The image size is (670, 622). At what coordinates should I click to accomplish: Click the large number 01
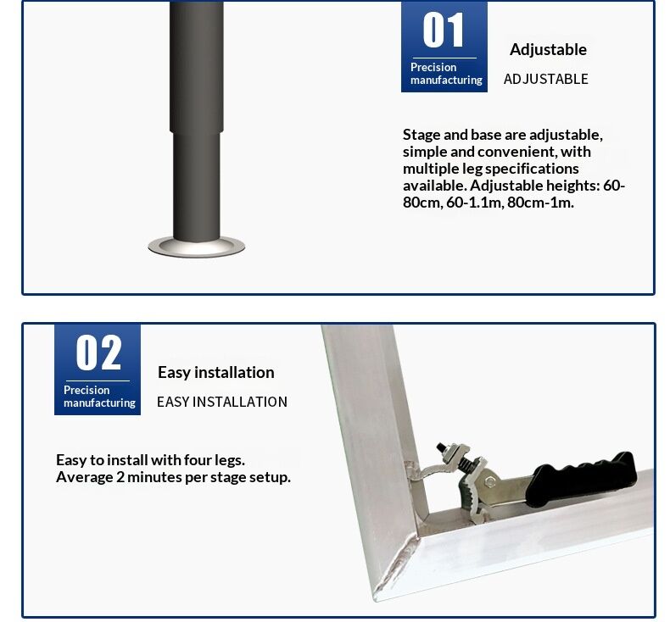click(444, 31)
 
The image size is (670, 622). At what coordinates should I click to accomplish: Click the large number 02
click(98, 353)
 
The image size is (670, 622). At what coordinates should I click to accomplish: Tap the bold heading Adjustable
click(548, 49)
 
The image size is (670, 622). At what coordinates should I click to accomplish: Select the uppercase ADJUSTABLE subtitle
click(545, 79)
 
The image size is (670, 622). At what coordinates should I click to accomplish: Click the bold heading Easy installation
click(215, 372)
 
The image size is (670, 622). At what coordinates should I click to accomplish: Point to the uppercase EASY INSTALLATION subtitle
click(221, 402)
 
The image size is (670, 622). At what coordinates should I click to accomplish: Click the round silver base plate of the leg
click(196, 247)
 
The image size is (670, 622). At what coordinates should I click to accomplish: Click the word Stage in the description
click(422, 135)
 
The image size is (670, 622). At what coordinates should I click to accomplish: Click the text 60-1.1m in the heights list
click(472, 203)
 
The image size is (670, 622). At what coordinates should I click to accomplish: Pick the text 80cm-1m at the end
click(540, 203)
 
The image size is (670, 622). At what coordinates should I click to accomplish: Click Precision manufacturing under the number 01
click(445, 74)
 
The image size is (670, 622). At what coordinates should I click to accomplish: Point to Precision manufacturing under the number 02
click(98, 397)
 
